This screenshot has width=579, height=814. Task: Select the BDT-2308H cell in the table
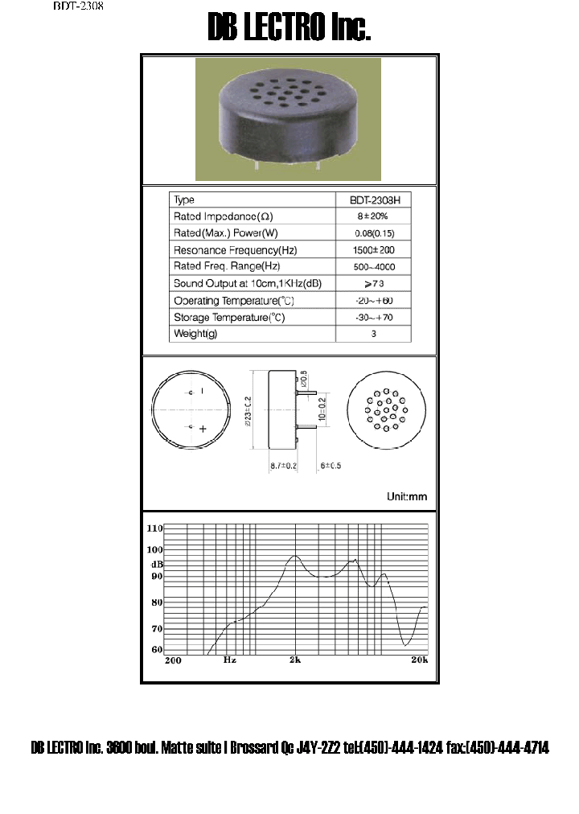[x=373, y=200]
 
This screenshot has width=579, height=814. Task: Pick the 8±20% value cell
[x=373, y=217]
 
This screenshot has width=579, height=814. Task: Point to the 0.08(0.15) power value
[x=373, y=234]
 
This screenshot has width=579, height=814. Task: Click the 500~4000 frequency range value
[x=373, y=267]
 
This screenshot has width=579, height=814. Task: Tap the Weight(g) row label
[x=195, y=334]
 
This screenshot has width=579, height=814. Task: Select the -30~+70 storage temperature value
[x=373, y=318]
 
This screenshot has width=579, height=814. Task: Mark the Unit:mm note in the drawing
[x=407, y=497]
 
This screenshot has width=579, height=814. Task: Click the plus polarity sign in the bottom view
[x=203, y=430]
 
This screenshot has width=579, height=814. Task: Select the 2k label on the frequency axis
[x=295, y=660]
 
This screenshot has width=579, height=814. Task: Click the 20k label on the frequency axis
[x=418, y=660]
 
